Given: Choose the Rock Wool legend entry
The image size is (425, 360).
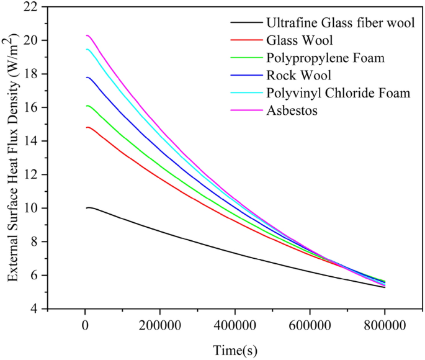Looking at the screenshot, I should [290, 75].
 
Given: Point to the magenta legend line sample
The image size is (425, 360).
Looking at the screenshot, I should [244, 110].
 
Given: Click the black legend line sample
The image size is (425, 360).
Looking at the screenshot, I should [244, 23].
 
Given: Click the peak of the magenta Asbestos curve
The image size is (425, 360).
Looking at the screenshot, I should [87, 35].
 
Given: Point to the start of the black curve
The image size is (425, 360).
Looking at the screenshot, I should [86, 208].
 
